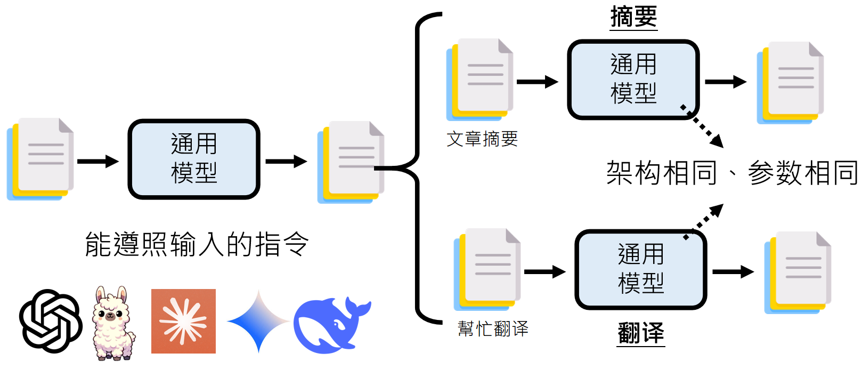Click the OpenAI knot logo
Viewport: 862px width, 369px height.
(x=51, y=321)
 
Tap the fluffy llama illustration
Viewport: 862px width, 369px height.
(x=113, y=323)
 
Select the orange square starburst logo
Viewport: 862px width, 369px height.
(x=183, y=321)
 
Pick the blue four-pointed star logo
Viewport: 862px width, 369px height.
(x=258, y=322)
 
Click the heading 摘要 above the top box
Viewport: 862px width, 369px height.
(x=633, y=17)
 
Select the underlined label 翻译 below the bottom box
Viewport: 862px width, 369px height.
(x=641, y=333)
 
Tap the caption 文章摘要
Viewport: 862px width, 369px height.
(x=482, y=139)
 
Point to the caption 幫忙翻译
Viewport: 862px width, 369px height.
(x=493, y=328)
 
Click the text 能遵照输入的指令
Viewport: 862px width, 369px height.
(x=197, y=244)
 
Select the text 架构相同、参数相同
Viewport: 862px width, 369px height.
(x=731, y=173)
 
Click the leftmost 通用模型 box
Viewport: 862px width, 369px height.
(x=194, y=159)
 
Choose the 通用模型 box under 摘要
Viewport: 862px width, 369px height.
(x=633, y=79)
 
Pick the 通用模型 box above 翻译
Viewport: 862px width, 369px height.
(x=641, y=269)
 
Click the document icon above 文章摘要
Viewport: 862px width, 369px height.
(x=480, y=79)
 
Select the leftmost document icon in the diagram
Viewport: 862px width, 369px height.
(x=40, y=159)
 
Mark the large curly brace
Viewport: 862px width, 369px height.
(x=418, y=168)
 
